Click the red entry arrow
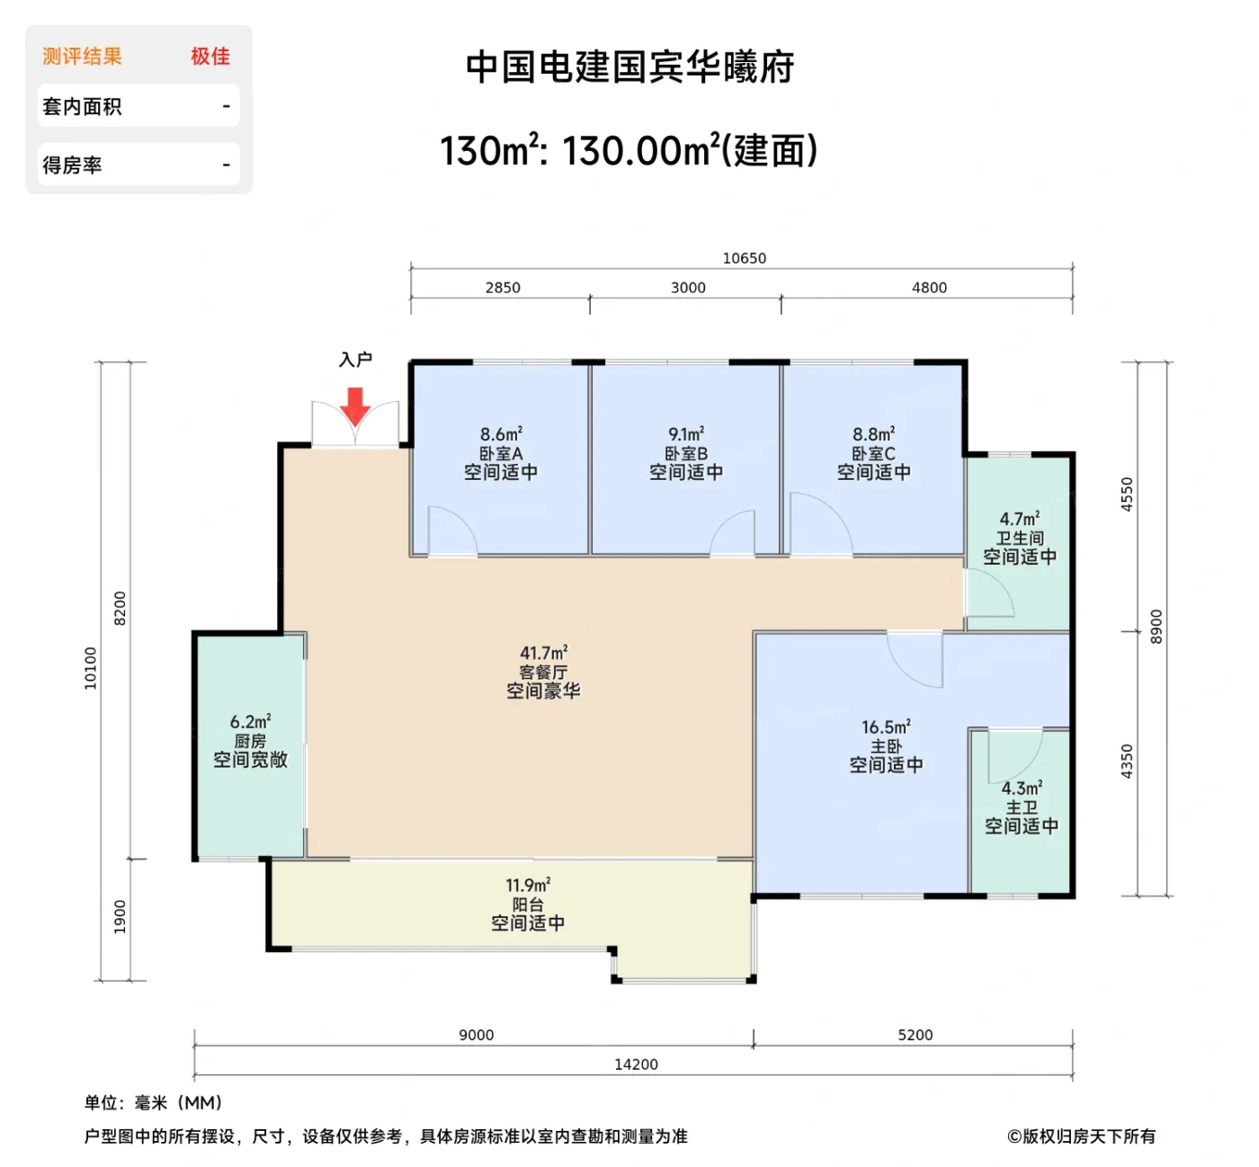pyautogui.click(x=355, y=405)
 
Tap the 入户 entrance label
pyautogui.click(x=355, y=360)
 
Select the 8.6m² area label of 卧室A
pyautogui.click(x=501, y=434)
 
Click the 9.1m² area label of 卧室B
pyautogui.click(x=686, y=434)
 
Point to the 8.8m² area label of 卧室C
pyautogui.click(x=873, y=434)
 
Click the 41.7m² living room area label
pyautogui.click(x=543, y=653)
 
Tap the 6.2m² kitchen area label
pyautogui.click(x=250, y=722)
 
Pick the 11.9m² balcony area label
pyautogui.click(x=528, y=886)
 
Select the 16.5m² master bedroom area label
pyautogui.click(x=886, y=727)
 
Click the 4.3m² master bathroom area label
pyautogui.click(x=1022, y=788)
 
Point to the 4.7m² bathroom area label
pyautogui.click(x=1020, y=519)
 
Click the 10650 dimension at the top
pyautogui.click(x=745, y=258)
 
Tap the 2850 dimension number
pyautogui.click(x=503, y=288)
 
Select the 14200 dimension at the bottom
pyautogui.click(x=636, y=1065)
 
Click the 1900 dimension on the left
pyautogui.click(x=121, y=917)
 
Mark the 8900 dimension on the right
pyautogui.click(x=1156, y=627)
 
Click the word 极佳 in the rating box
pyautogui.click(x=210, y=57)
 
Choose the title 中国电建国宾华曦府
pyautogui.click(x=629, y=67)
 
